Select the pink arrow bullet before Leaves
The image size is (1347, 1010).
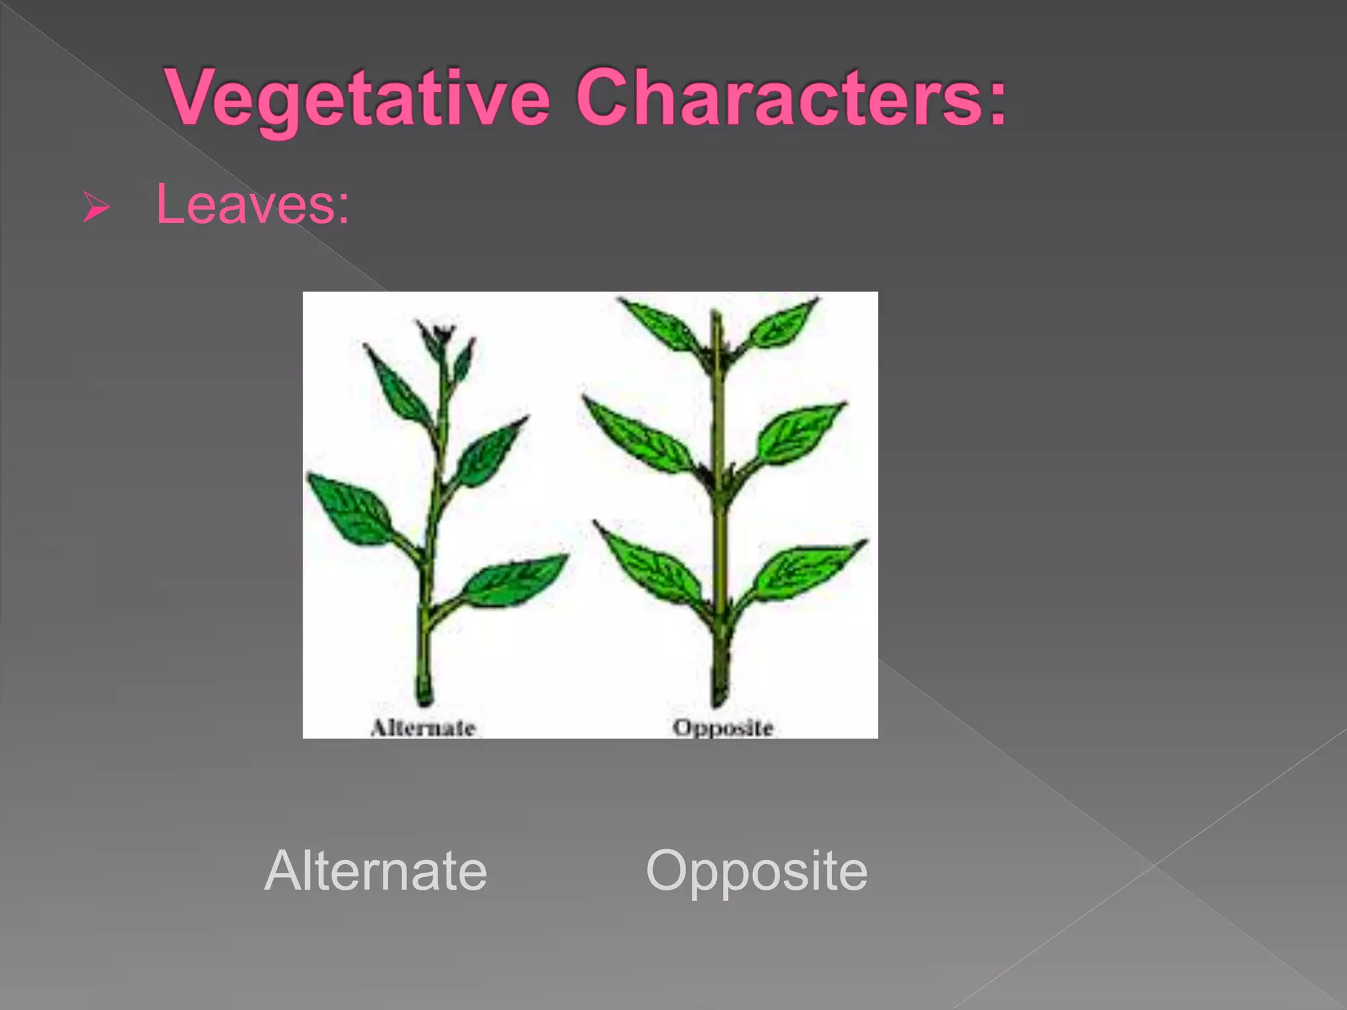96,208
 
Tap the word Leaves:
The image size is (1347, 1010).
253,204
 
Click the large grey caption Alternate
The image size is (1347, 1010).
376,871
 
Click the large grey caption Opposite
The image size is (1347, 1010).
756,871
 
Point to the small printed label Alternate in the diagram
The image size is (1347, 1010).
423,728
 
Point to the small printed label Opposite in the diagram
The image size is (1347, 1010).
722,728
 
